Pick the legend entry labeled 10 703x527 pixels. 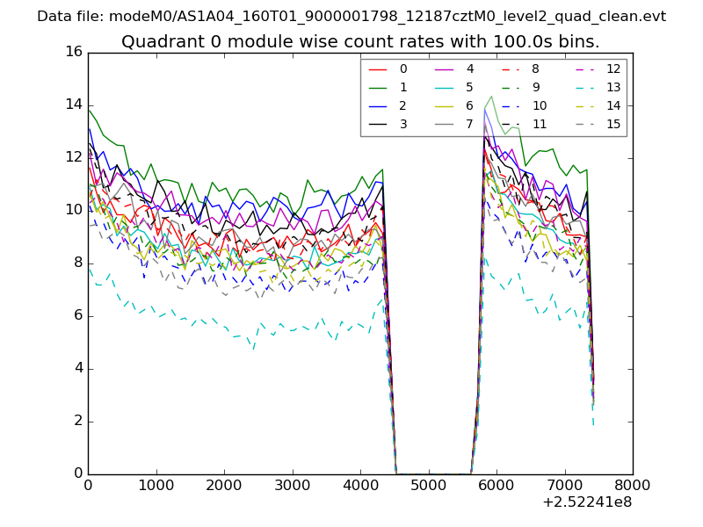tap(539, 105)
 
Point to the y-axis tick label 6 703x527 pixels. tap(77, 315)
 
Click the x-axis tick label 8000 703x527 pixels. tap(633, 484)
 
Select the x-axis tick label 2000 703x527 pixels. tap(224, 484)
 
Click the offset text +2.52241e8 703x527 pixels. tap(588, 502)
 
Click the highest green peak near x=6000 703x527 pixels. tap(491, 96)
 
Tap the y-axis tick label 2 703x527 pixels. tap(77, 421)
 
